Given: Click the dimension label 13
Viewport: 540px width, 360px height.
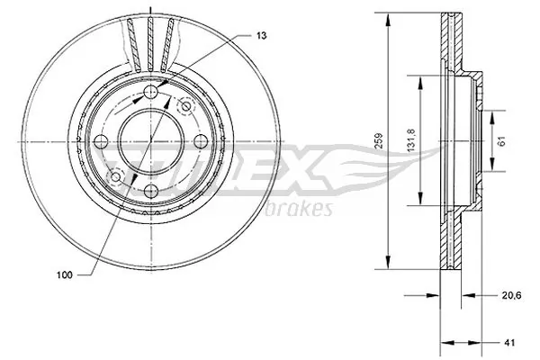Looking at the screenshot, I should click(260, 35).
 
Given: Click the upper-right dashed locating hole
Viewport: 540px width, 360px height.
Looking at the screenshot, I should click(186, 107).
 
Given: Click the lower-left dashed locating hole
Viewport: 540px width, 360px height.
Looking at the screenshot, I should click(114, 175).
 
